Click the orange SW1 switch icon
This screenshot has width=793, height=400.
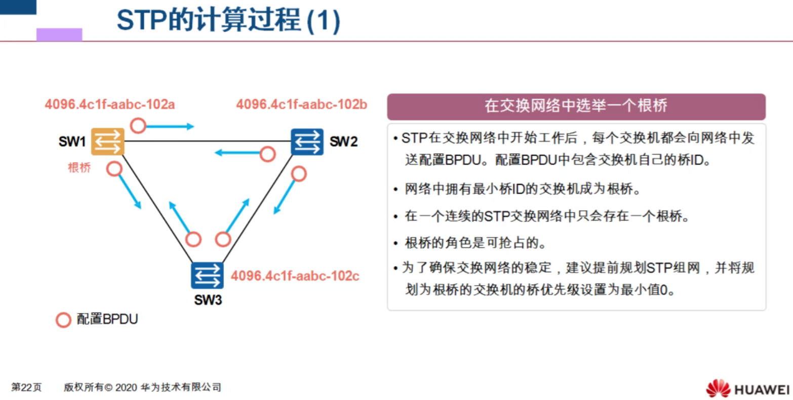click(x=108, y=142)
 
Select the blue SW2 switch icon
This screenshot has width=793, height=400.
click(x=307, y=142)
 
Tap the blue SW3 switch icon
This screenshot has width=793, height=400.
click(x=207, y=276)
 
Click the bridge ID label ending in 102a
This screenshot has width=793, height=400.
click(x=110, y=105)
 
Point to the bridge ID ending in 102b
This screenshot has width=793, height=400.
click(x=301, y=105)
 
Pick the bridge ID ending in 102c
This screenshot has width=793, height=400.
click(x=295, y=276)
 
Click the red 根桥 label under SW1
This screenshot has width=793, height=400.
click(x=79, y=168)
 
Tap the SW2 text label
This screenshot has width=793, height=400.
click(x=343, y=142)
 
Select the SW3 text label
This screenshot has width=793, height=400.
click(x=208, y=300)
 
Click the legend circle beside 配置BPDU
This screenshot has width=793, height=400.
click(x=63, y=320)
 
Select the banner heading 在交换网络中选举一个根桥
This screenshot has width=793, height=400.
click(x=576, y=106)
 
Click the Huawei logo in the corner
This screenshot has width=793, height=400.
click(x=747, y=388)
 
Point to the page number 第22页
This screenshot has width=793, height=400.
click(x=26, y=387)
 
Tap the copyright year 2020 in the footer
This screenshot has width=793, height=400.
click(x=126, y=387)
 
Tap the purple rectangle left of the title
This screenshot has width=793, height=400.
click(x=59, y=34)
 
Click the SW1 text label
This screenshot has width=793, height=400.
click(x=72, y=142)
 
